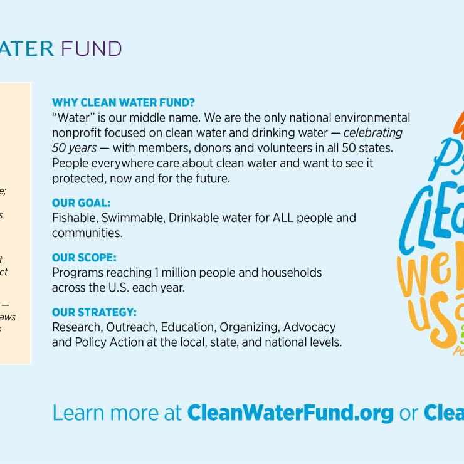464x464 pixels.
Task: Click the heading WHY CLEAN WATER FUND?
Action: (124, 103)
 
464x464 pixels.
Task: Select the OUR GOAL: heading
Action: (81, 204)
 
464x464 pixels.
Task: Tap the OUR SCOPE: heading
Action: (84, 258)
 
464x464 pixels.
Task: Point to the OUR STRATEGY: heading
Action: (94, 312)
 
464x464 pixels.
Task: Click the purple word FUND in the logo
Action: (91, 48)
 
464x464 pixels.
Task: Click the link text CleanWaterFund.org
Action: (290, 413)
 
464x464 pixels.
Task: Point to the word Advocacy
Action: (309, 327)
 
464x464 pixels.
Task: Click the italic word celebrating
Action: (372, 133)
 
